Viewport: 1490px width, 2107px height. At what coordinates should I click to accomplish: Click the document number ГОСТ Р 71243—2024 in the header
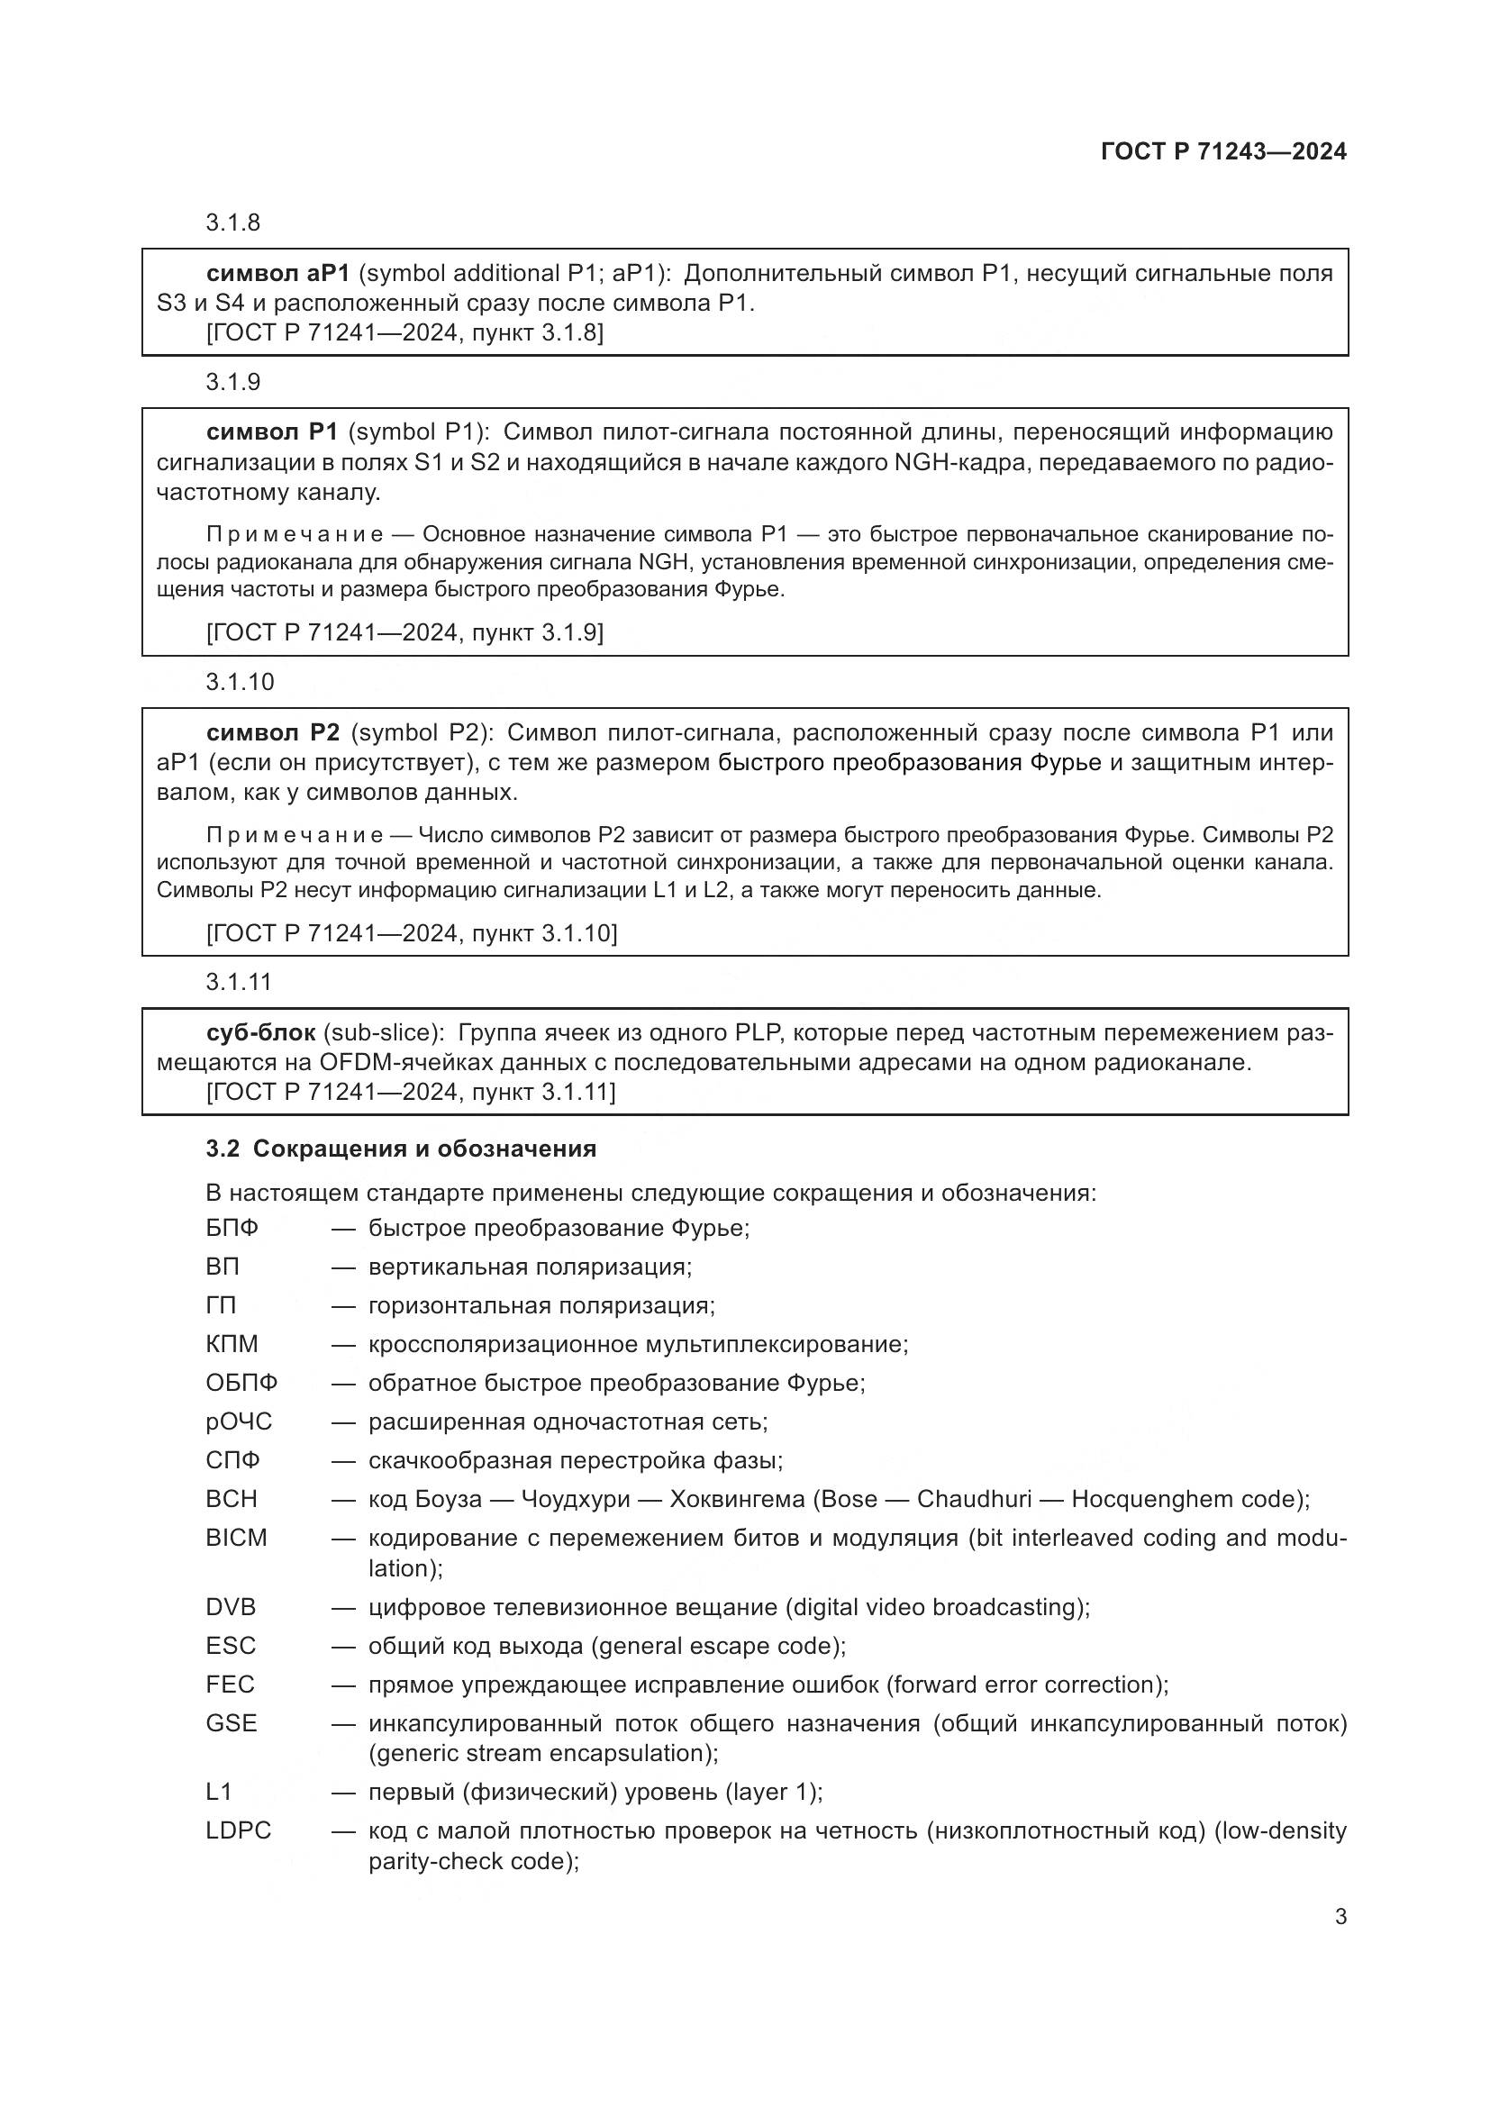[x=1223, y=152]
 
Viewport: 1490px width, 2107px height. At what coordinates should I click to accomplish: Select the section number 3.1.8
[x=233, y=223]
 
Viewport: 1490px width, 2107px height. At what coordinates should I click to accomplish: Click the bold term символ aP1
[x=278, y=274]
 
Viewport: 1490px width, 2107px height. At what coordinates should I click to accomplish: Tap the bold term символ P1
[x=272, y=432]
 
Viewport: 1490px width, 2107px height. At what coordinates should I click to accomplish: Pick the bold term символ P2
[x=274, y=732]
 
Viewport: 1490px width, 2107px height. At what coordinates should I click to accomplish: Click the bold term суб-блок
[x=260, y=1032]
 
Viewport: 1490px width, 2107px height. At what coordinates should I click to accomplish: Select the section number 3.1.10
[x=240, y=682]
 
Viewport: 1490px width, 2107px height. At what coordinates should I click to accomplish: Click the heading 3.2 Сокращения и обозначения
[x=401, y=1149]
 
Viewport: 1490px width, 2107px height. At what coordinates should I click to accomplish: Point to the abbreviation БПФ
[x=232, y=1228]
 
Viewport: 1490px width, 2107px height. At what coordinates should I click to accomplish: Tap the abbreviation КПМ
[x=232, y=1344]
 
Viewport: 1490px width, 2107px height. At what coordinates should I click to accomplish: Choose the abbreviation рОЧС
[x=239, y=1421]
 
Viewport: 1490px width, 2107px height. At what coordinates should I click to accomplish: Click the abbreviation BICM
[x=236, y=1538]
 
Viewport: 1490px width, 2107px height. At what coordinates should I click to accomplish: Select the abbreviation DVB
[x=232, y=1607]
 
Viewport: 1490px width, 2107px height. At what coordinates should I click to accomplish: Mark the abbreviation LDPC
[x=239, y=1830]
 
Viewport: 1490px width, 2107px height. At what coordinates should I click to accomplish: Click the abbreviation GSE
[x=232, y=1723]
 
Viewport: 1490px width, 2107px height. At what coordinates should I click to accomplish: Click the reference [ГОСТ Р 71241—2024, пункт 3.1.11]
[x=411, y=1092]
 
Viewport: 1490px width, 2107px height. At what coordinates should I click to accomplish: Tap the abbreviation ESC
[x=231, y=1646]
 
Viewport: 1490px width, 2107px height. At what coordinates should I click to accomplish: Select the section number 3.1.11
[x=239, y=982]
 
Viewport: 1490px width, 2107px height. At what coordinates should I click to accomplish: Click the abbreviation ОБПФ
[x=241, y=1383]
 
